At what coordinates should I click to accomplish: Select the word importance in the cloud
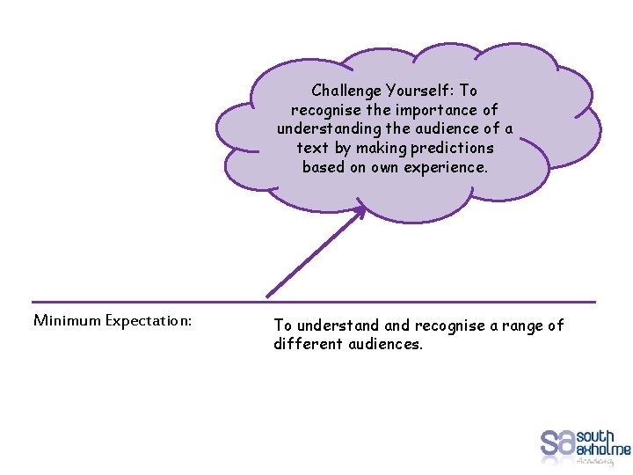click(436, 110)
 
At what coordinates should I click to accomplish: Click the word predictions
click(451, 148)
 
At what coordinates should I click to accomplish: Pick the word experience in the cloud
click(445, 167)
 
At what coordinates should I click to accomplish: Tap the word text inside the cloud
click(312, 148)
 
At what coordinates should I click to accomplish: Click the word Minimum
click(67, 320)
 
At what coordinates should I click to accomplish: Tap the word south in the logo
click(595, 436)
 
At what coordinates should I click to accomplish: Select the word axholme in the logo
click(603, 449)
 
